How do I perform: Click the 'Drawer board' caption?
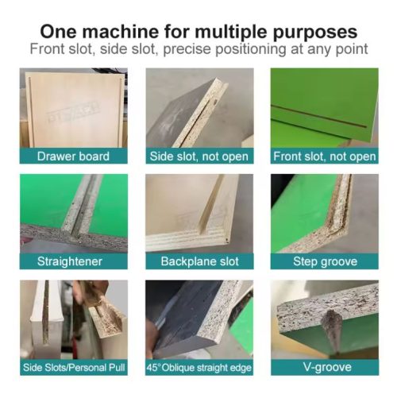click(x=73, y=156)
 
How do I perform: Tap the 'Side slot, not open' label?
click(x=199, y=156)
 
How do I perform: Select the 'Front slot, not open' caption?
click(x=325, y=156)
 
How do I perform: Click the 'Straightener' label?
click(x=70, y=261)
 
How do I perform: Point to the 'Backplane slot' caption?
click(x=200, y=261)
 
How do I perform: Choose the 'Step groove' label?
click(x=326, y=261)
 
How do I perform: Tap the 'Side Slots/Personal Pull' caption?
click(x=74, y=368)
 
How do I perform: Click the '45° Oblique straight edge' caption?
click(x=199, y=368)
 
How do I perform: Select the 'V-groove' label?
click(x=327, y=367)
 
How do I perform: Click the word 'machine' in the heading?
click(x=121, y=32)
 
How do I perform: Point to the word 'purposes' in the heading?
click(x=314, y=33)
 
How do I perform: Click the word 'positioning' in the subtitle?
click(x=251, y=49)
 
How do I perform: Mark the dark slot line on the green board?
click(x=319, y=117)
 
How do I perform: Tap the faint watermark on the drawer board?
click(x=73, y=112)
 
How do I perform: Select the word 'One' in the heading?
click(x=59, y=32)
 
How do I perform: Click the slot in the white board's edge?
click(x=46, y=312)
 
